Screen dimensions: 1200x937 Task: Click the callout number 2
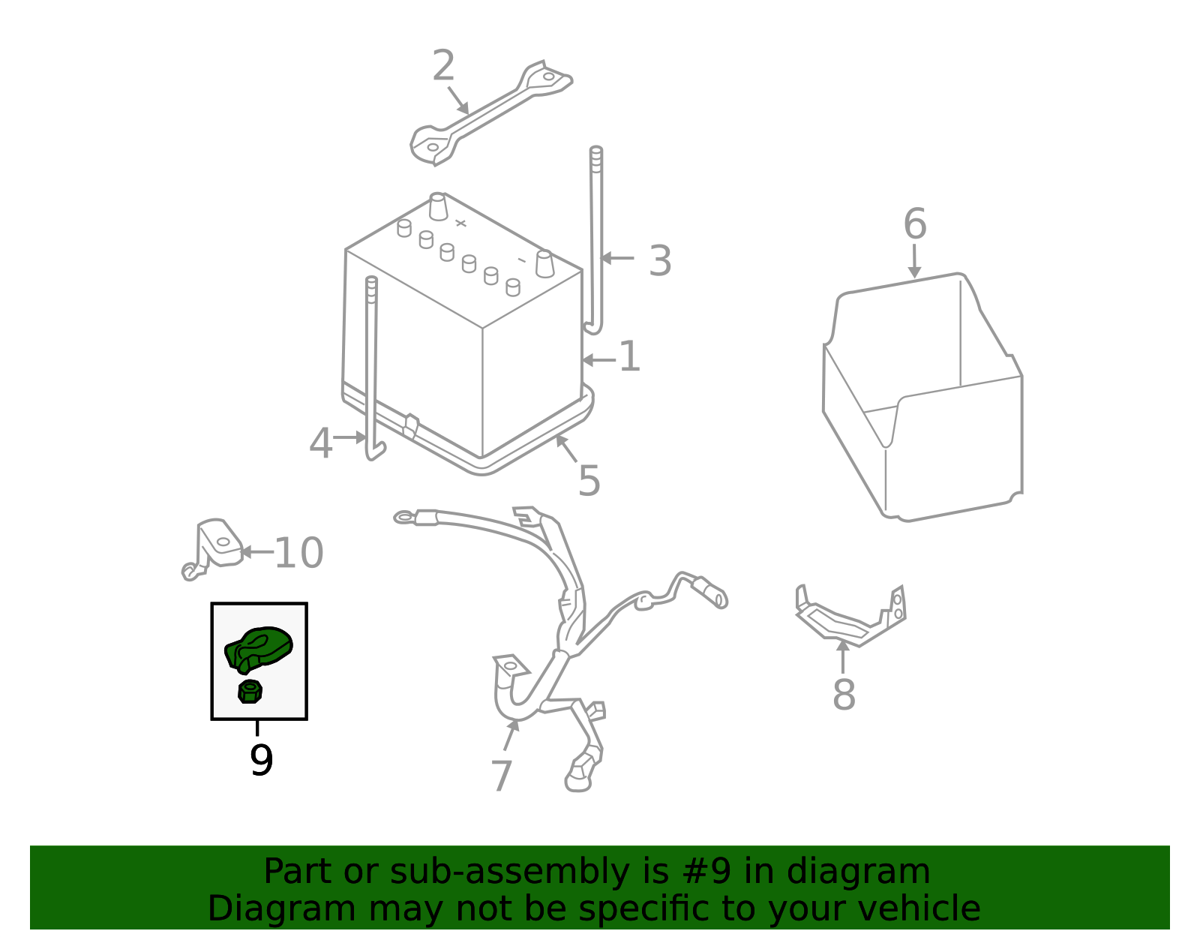point(443,66)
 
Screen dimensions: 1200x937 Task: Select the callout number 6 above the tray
point(915,224)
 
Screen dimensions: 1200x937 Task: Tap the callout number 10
point(298,553)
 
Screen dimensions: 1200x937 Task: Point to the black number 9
point(261,760)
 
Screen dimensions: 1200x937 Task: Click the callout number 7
point(502,775)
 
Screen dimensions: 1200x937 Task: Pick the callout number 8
point(844,695)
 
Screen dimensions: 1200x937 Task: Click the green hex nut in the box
point(250,692)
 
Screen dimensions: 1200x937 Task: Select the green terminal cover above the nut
point(258,650)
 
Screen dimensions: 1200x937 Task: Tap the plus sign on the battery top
point(460,223)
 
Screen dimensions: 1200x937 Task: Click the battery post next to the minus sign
point(544,264)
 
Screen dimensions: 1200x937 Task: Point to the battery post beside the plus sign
point(438,206)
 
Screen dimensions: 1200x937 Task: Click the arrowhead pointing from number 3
point(606,258)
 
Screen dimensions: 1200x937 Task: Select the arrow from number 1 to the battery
point(599,360)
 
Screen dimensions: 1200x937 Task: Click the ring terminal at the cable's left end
point(404,518)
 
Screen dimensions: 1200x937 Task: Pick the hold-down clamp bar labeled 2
point(491,113)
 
